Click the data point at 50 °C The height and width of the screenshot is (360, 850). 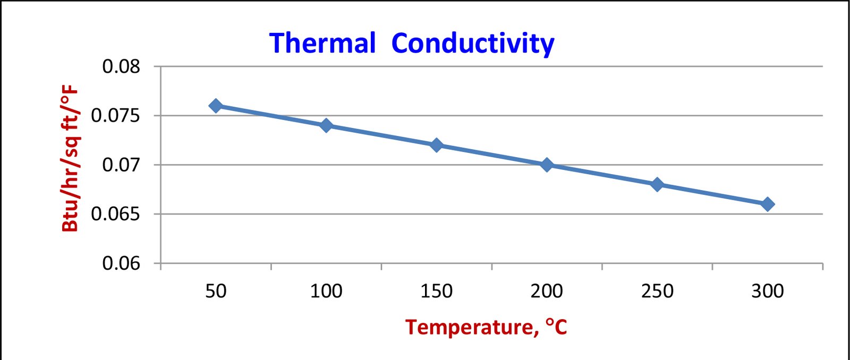point(216,106)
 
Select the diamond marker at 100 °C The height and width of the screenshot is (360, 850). point(326,125)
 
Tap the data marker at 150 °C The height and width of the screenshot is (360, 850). point(436,145)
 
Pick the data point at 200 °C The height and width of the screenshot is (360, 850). point(547,165)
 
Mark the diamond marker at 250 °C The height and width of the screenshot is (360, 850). point(657,184)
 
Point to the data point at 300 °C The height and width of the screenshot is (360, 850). point(768,204)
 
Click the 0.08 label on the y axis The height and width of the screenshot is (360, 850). point(121,66)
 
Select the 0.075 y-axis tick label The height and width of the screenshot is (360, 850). point(115,115)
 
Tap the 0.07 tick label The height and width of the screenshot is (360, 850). point(121,165)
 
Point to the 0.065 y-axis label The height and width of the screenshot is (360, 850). point(115,214)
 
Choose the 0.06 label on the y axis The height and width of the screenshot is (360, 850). point(121,263)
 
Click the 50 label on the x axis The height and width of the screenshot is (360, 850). point(216,291)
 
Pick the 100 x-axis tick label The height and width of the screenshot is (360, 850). point(326,291)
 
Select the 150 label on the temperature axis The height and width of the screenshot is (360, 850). point(436,291)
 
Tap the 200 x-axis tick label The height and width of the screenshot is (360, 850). point(547,291)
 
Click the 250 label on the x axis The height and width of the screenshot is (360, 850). point(657,291)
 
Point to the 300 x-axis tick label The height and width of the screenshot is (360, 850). point(768,291)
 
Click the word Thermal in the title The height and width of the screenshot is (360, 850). point(322,43)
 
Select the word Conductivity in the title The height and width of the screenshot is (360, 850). point(472,44)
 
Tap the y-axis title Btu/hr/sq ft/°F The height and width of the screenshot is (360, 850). point(71,158)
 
